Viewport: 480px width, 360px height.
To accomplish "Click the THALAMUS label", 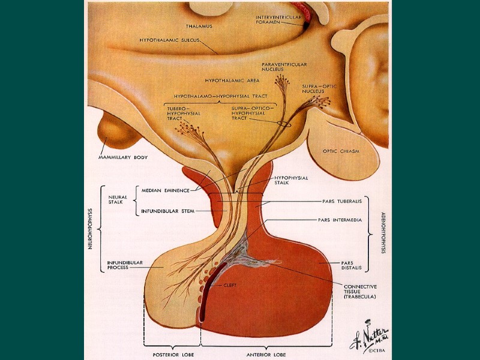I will (199, 27).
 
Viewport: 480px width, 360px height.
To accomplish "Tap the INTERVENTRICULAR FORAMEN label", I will (278, 20).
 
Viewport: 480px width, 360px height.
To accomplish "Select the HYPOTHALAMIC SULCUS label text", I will (169, 41).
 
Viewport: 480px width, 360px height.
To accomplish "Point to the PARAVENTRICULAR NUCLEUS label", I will (284, 67).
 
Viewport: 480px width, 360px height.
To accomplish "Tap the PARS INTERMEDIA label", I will (340, 220).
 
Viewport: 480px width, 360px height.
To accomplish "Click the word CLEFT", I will (230, 285).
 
